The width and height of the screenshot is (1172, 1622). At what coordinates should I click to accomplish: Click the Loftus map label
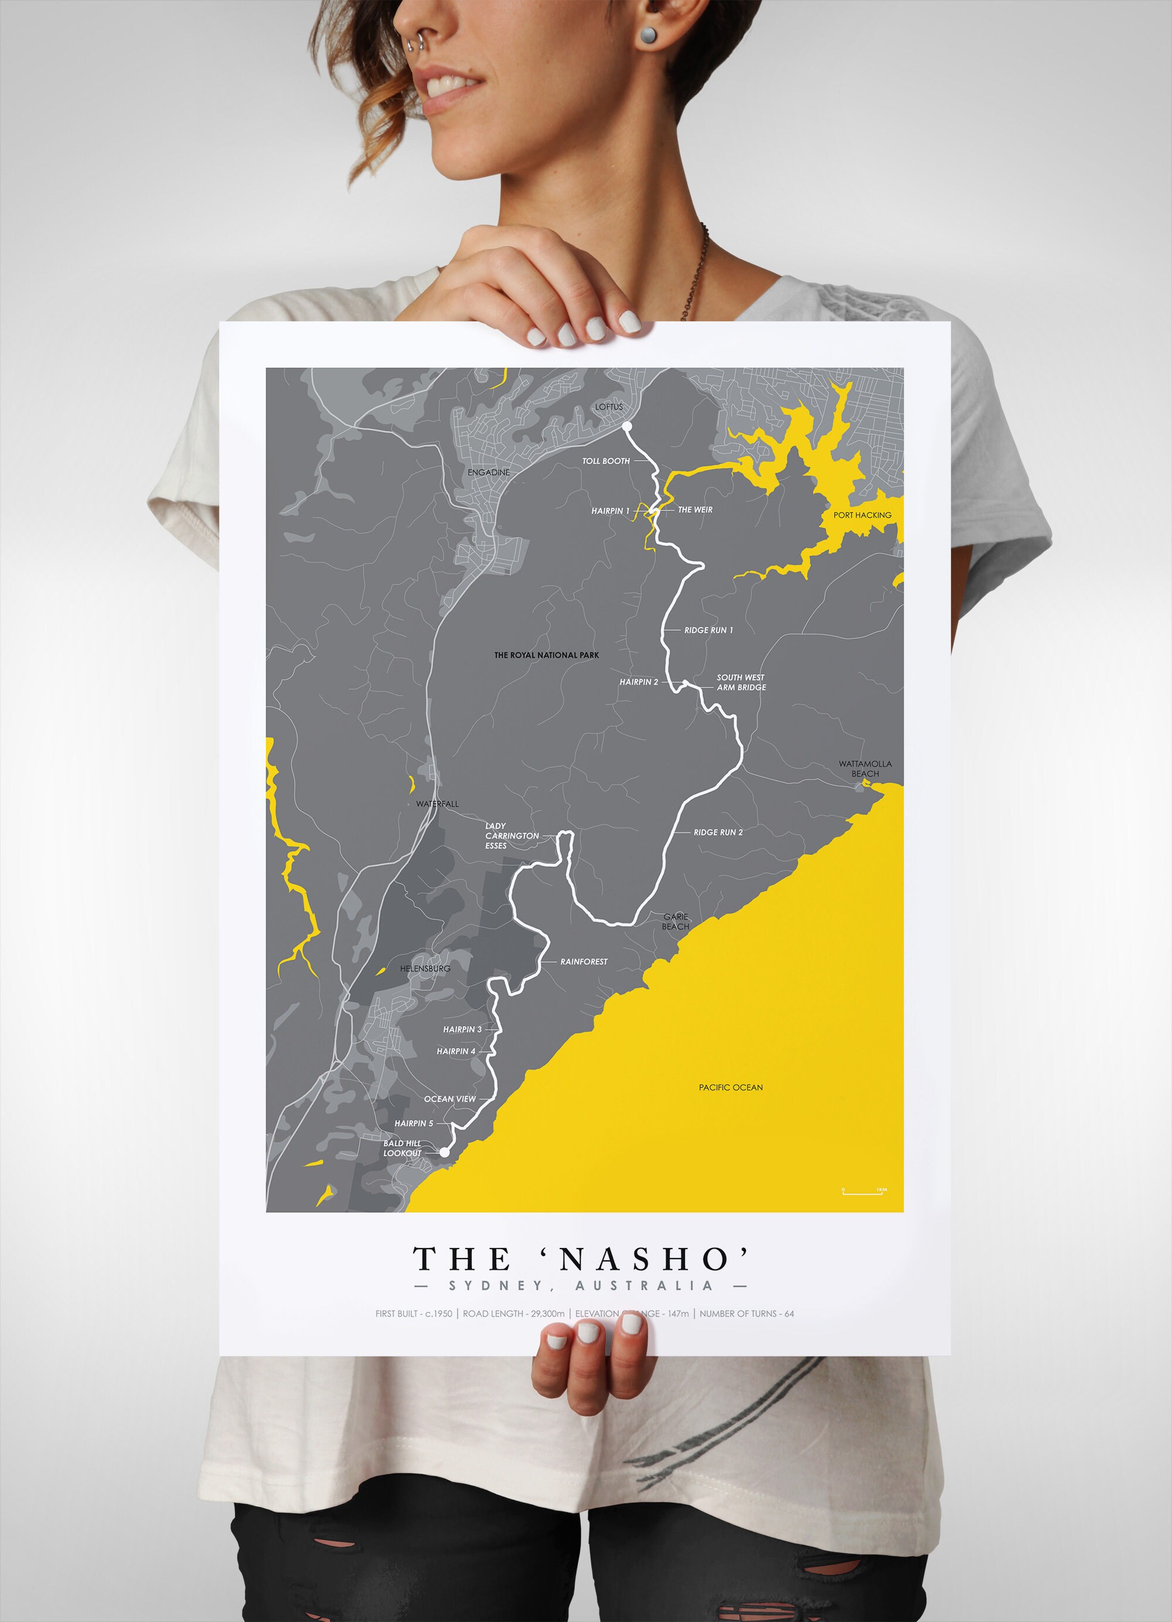coord(609,407)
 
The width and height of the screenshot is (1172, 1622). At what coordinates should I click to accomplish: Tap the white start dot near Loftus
coord(627,427)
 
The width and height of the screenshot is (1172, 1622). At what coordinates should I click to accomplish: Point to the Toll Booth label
coord(606,461)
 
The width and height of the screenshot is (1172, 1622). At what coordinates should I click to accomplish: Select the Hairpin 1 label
coord(610,511)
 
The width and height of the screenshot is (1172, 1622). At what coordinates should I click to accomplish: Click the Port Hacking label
coord(863,515)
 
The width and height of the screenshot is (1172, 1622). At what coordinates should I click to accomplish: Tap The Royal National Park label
coord(546,655)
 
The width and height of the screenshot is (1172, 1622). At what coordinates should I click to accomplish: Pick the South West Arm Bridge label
coord(741,682)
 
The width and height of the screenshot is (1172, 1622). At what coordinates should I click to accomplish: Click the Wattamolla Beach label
coord(866,769)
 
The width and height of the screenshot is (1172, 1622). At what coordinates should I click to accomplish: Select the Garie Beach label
coord(675,922)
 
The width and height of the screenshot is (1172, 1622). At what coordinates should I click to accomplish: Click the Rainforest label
coord(584,962)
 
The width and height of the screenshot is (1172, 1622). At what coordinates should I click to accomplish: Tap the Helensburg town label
coord(425,968)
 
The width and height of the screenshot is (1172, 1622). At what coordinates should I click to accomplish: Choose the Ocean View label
coord(450,1099)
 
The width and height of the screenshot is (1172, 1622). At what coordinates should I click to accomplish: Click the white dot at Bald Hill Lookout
coord(444,1152)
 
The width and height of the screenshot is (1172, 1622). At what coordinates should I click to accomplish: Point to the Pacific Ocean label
coord(731,1088)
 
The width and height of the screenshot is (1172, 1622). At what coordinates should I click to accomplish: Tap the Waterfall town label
coord(438,804)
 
